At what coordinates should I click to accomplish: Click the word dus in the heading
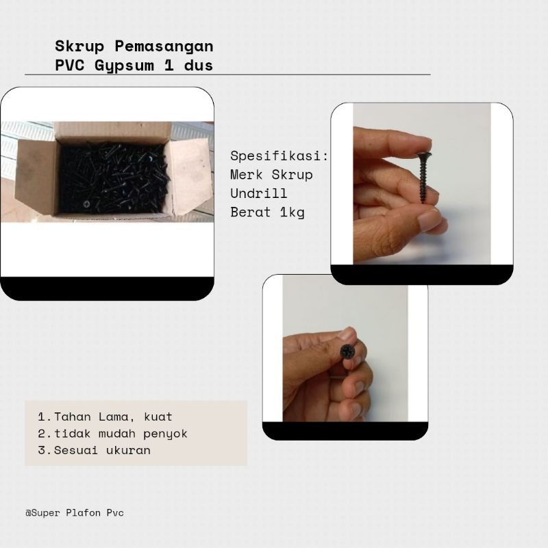pos(197,66)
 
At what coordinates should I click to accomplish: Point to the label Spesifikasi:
pos(279,155)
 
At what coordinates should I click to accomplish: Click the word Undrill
pos(259,193)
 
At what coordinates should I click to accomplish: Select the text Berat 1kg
pos(267,212)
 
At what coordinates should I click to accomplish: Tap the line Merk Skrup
pos(271,175)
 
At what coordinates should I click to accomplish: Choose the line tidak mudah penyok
pos(112,434)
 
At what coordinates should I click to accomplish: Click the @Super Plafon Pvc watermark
pos(75,512)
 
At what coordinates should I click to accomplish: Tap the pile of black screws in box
pos(113,177)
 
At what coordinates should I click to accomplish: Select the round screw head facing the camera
pos(348,353)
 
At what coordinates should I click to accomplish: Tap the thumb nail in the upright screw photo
pos(430,220)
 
